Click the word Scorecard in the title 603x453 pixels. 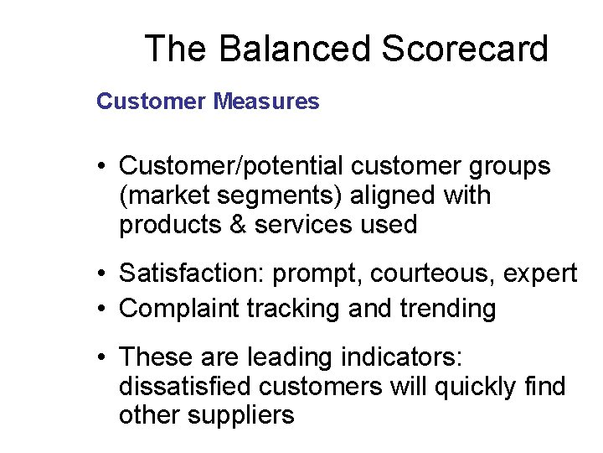(465, 49)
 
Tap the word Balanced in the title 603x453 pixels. (296, 49)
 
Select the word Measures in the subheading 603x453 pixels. (266, 102)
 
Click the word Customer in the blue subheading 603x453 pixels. (151, 102)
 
